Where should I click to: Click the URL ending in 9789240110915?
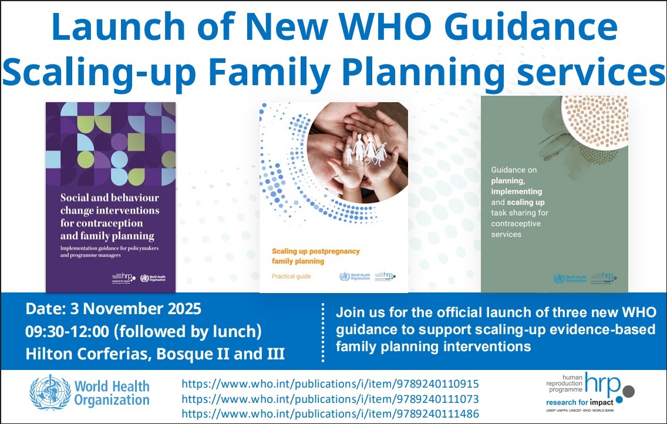(331, 384)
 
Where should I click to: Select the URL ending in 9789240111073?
(331, 399)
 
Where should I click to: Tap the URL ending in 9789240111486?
(331, 414)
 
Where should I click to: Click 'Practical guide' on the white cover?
(291, 276)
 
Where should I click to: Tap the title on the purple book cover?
(110, 217)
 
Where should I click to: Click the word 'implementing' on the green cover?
(516, 191)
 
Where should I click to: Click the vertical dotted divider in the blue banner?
(324, 332)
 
